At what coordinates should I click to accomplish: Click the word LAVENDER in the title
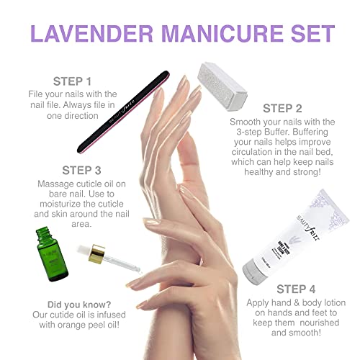click(91, 33)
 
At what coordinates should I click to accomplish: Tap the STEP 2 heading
click(287, 109)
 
